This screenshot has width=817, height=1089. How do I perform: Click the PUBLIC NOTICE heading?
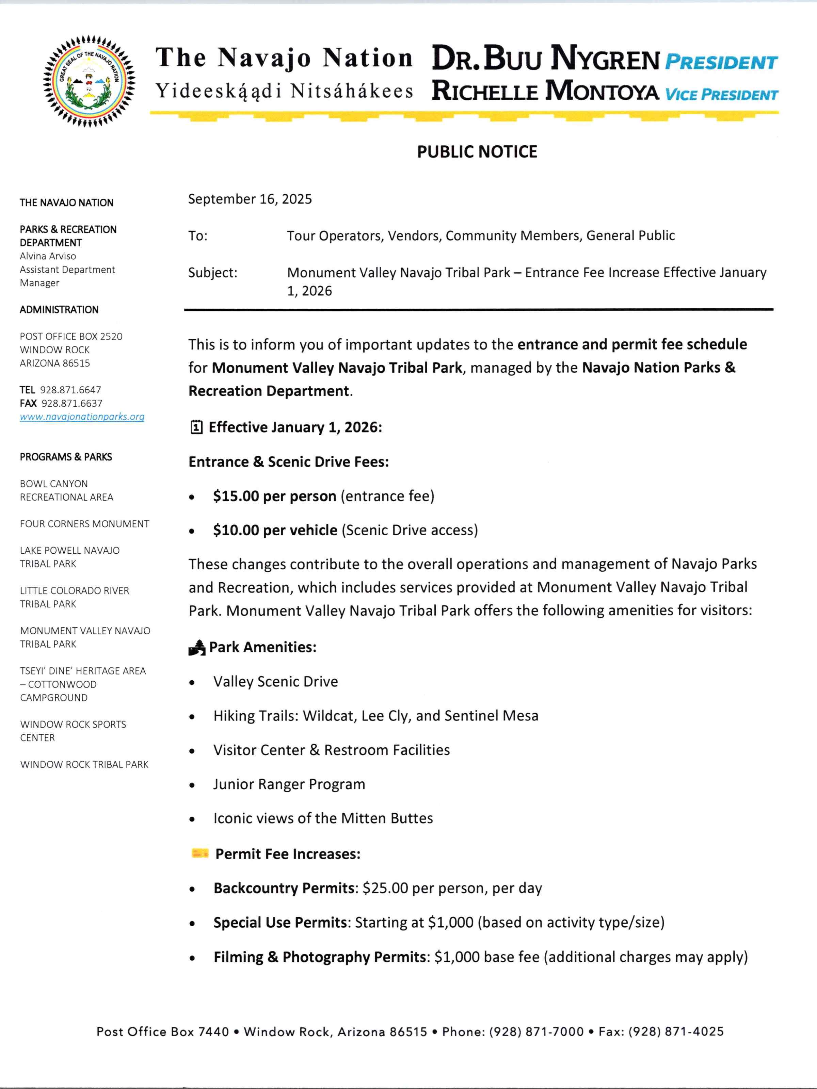pos(477,152)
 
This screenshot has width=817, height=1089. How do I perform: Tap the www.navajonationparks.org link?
pos(82,417)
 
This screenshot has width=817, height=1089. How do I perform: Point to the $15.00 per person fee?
pos(274,496)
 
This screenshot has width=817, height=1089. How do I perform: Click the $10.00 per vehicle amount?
pos(275,530)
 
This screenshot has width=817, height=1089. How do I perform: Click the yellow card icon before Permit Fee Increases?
pos(200,853)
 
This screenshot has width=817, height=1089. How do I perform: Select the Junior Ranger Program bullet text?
pos(289,784)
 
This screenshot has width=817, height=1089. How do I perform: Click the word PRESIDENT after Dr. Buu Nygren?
pos(720,63)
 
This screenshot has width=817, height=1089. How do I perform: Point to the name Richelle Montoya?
pos(545,92)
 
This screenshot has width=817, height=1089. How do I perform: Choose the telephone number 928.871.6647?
pos(70,390)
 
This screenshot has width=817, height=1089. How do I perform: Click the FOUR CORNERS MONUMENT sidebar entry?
pos(84,524)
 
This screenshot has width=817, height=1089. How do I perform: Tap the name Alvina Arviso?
pos(48,256)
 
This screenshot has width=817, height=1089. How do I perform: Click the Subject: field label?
pos(213,272)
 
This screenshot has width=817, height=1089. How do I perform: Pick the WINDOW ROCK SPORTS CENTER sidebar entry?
pos(73,731)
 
